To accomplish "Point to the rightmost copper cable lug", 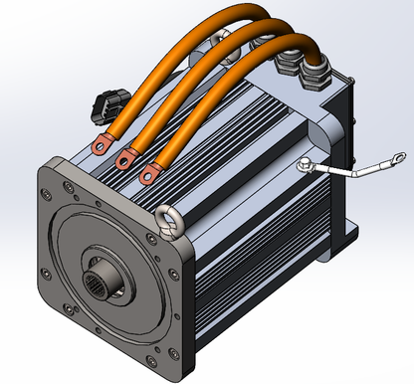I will pos(149,175).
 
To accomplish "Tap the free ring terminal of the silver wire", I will pos(396,157).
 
